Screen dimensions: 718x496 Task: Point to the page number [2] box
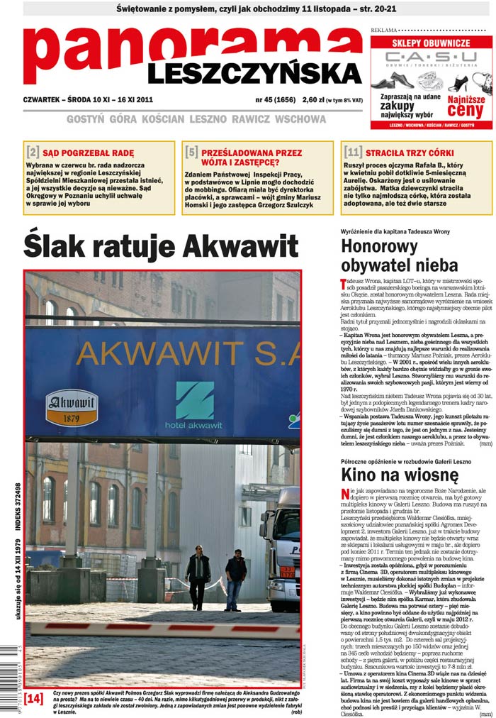pyautogui.click(x=33, y=152)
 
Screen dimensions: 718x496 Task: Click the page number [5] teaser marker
pyautogui.click(x=191, y=152)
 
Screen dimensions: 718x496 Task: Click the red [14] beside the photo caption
pyautogui.click(x=33, y=698)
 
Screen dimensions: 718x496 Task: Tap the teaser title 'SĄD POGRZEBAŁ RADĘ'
pyautogui.click(x=88, y=153)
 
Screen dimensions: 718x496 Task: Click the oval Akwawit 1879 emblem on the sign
pyautogui.click(x=72, y=407)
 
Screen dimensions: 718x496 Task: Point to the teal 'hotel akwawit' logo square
pyautogui.click(x=194, y=400)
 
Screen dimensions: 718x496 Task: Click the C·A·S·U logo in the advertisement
pyautogui.click(x=431, y=57)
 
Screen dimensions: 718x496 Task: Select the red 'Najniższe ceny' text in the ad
pyautogui.click(x=466, y=107)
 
